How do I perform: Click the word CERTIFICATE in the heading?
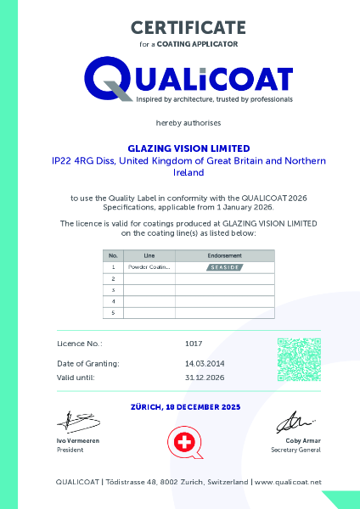(x=188, y=27)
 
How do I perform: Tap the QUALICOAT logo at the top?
(x=188, y=79)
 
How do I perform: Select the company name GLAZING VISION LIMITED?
(x=188, y=148)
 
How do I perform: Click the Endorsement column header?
(x=224, y=255)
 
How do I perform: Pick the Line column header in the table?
(x=149, y=255)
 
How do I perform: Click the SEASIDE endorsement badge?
(x=224, y=266)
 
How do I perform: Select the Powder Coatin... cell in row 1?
(x=149, y=266)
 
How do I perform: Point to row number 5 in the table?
(x=113, y=312)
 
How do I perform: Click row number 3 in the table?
(x=113, y=289)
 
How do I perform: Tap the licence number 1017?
(x=193, y=344)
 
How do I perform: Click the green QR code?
(x=298, y=359)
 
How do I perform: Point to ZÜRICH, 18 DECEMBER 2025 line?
(x=186, y=407)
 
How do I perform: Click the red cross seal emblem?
(x=181, y=443)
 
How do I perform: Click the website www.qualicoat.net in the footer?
(x=288, y=482)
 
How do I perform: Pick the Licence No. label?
(x=80, y=344)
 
